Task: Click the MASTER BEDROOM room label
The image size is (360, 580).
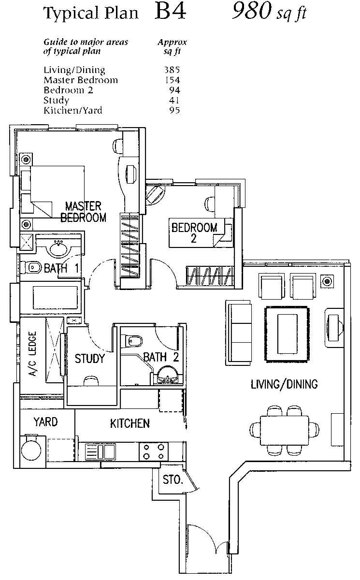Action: click(83, 212)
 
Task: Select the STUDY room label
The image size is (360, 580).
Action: click(89, 359)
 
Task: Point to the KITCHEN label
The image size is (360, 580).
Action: click(130, 423)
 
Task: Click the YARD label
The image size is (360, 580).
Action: click(45, 421)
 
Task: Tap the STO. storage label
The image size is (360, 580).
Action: click(172, 480)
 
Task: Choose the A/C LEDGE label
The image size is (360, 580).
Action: click(32, 357)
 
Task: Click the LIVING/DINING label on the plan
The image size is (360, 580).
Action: click(284, 384)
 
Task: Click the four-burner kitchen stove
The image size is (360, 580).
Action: click(153, 451)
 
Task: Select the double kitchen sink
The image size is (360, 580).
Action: click(100, 452)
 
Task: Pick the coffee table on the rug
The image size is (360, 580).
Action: click(287, 333)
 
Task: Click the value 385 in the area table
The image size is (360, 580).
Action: click(172, 70)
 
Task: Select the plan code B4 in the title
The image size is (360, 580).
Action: click(170, 12)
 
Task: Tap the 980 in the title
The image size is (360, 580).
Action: click(251, 12)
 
